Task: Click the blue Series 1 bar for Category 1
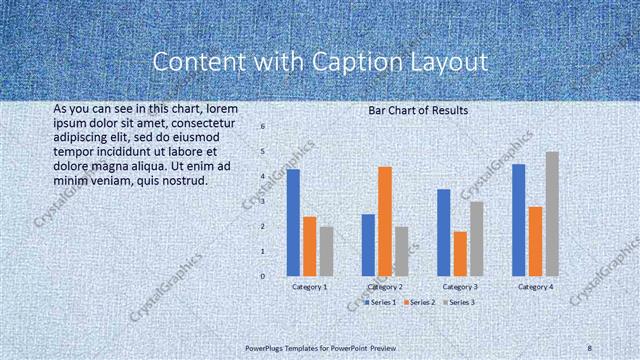click(293, 222)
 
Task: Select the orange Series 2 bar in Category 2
click(384, 221)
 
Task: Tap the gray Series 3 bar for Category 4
click(551, 213)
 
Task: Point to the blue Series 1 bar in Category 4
click(518, 219)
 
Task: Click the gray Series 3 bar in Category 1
click(326, 250)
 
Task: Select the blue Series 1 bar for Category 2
click(368, 244)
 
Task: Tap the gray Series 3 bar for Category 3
click(476, 238)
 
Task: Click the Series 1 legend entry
click(381, 301)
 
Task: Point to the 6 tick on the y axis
click(262, 127)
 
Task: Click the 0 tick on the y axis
click(262, 276)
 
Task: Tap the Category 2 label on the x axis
click(385, 287)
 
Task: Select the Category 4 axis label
click(535, 287)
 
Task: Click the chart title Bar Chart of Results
click(412, 110)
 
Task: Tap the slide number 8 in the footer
click(589, 348)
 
